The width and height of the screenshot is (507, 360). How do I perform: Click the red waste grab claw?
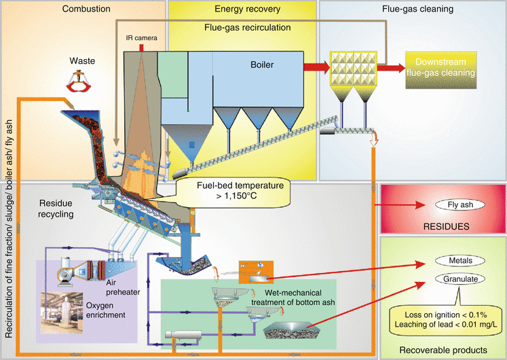click(81, 83)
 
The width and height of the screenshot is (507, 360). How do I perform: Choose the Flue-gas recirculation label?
click(248, 28)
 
